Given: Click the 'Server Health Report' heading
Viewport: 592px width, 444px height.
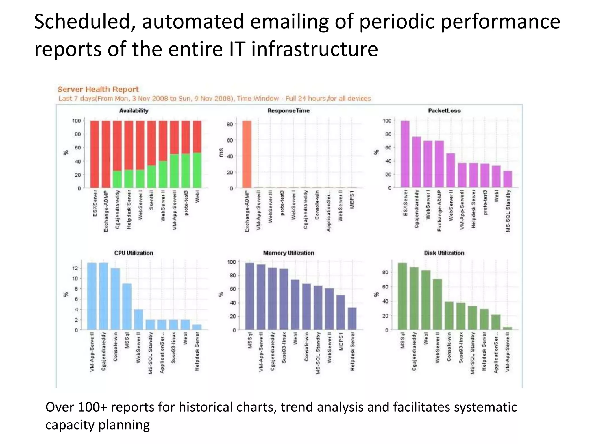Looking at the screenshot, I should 98,89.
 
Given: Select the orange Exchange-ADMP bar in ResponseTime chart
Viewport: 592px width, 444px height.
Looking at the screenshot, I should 247,154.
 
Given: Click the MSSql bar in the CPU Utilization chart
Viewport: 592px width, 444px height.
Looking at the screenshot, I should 127,306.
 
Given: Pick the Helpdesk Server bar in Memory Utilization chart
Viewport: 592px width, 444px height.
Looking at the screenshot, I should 352,318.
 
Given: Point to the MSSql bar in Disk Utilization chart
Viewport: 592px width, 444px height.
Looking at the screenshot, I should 402,296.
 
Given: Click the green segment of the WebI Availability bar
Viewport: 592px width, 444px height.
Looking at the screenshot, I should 197,170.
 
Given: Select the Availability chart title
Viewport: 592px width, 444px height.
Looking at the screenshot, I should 134,111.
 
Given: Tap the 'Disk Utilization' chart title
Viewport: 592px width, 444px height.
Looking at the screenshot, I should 444,253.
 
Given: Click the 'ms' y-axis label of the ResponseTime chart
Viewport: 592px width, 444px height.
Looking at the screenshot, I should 221,152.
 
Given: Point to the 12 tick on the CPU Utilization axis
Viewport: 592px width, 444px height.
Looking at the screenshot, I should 75,268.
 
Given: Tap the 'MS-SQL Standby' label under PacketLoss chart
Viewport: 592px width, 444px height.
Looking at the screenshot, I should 508,211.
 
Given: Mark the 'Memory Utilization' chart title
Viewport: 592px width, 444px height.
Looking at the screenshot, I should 288,253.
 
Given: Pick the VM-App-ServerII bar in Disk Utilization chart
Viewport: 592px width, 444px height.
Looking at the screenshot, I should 507,328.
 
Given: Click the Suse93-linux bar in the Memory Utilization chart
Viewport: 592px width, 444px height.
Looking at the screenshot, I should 284,299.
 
